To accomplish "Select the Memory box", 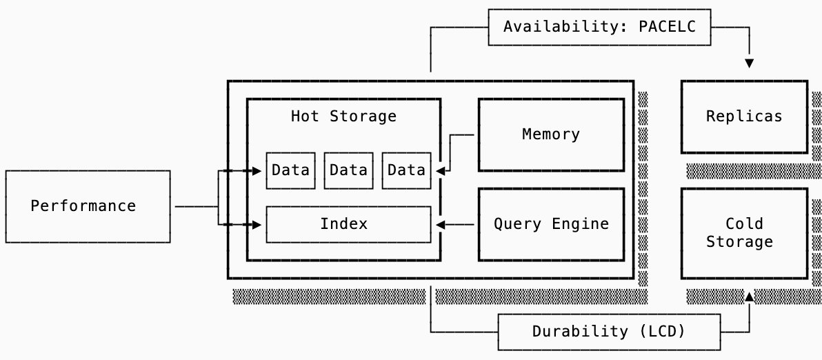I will coord(551,134).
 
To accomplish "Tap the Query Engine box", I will coord(551,224).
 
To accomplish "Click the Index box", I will coord(348,224).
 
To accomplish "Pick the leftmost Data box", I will coord(290,170).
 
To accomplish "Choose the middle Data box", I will coord(348,170).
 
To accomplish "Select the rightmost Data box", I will coord(406,170).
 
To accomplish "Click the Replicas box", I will coord(743,117).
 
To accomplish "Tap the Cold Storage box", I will coord(743,232).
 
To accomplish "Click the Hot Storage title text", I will coord(343,116).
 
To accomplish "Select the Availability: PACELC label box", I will coord(599,27).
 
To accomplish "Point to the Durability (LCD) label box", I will coord(609,332).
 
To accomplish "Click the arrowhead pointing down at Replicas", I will coord(750,63).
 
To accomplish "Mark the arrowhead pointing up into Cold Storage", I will coord(750,297).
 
